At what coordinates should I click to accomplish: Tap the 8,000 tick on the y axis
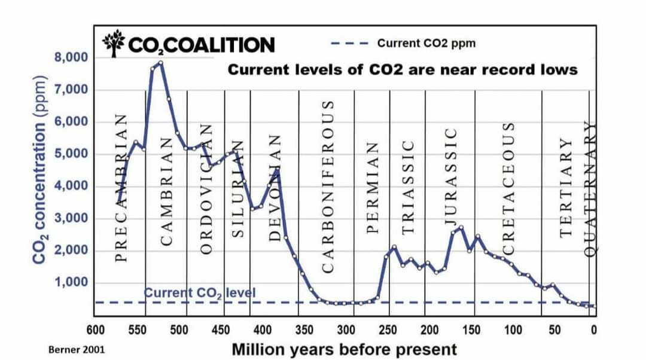(71, 58)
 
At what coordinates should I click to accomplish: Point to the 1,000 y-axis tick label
(71, 283)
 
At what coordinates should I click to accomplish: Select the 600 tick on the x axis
(96, 330)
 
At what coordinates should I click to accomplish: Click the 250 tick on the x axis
(388, 330)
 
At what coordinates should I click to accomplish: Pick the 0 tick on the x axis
(593, 330)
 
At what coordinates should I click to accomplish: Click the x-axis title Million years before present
(344, 349)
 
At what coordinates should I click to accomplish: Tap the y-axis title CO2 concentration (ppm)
(41, 170)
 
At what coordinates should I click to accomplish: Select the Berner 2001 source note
(71, 349)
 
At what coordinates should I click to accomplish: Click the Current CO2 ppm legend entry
(426, 43)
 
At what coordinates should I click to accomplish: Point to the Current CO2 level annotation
(200, 293)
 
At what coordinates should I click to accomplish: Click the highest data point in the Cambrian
(161, 62)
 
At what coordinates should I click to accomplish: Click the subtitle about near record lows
(403, 70)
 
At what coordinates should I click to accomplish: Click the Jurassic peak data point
(461, 227)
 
